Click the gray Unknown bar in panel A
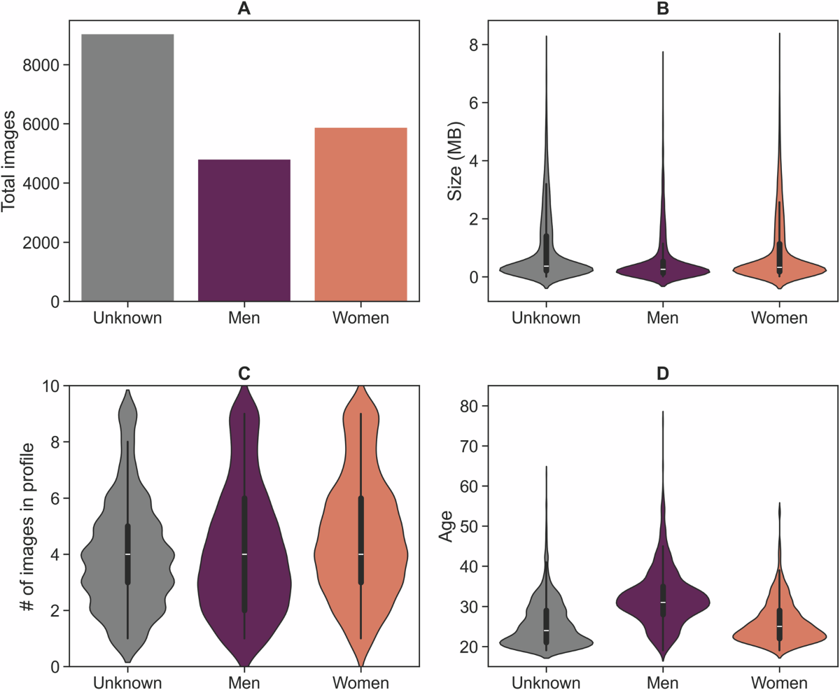(127, 168)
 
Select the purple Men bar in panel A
(244, 231)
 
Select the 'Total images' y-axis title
(10, 161)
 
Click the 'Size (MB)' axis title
(455, 161)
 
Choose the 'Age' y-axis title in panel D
(445, 526)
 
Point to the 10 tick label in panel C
(52, 386)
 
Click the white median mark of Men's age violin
(662, 603)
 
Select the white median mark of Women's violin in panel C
(360, 554)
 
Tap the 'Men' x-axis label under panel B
(662, 318)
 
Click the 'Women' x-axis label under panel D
(779, 683)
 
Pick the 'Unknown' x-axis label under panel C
(127, 683)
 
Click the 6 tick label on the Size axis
(479, 103)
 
